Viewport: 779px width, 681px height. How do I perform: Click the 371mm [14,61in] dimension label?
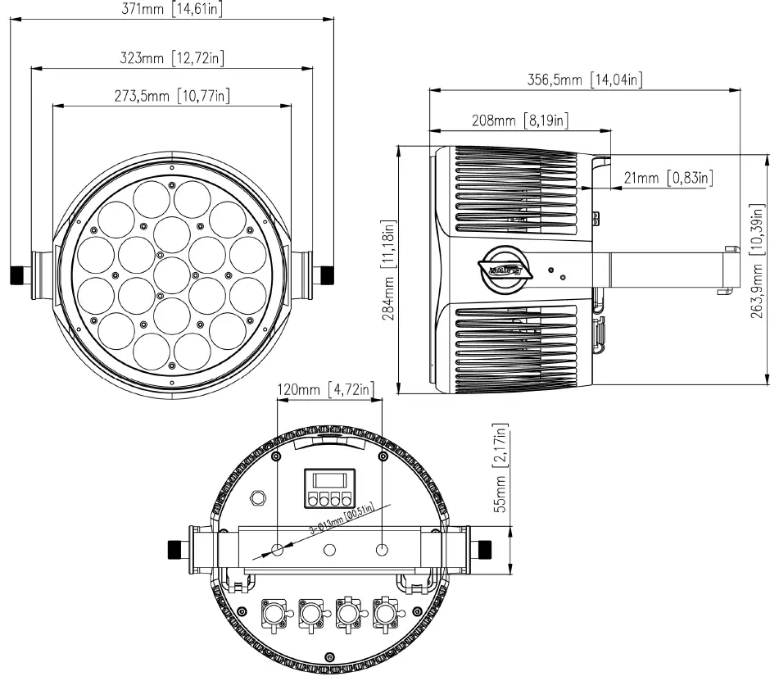click(171, 9)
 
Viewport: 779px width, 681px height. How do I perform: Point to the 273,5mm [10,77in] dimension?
click(171, 95)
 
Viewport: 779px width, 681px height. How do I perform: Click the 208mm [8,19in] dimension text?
click(520, 120)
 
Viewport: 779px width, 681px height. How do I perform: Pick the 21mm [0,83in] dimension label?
click(665, 178)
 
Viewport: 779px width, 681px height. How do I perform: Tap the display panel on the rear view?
click(329, 488)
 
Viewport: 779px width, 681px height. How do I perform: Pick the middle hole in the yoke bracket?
click(330, 548)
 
